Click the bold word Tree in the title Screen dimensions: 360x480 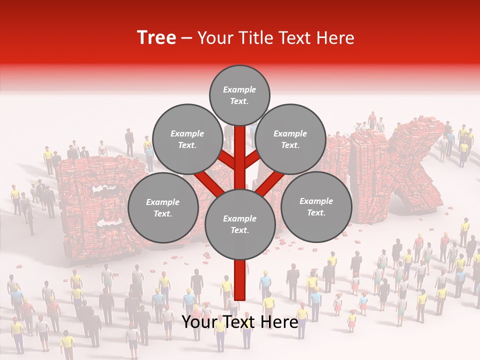(x=156, y=38)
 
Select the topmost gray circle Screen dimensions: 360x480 (x=239, y=95)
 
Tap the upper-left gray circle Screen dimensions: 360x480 (x=187, y=139)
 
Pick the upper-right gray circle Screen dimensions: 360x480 (x=290, y=139)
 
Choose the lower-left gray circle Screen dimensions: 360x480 (x=163, y=207)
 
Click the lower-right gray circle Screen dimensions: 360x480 (x=316, y=206)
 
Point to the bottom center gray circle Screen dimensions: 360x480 (x=240, y=224)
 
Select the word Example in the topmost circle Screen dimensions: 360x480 (x=239, y=89)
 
